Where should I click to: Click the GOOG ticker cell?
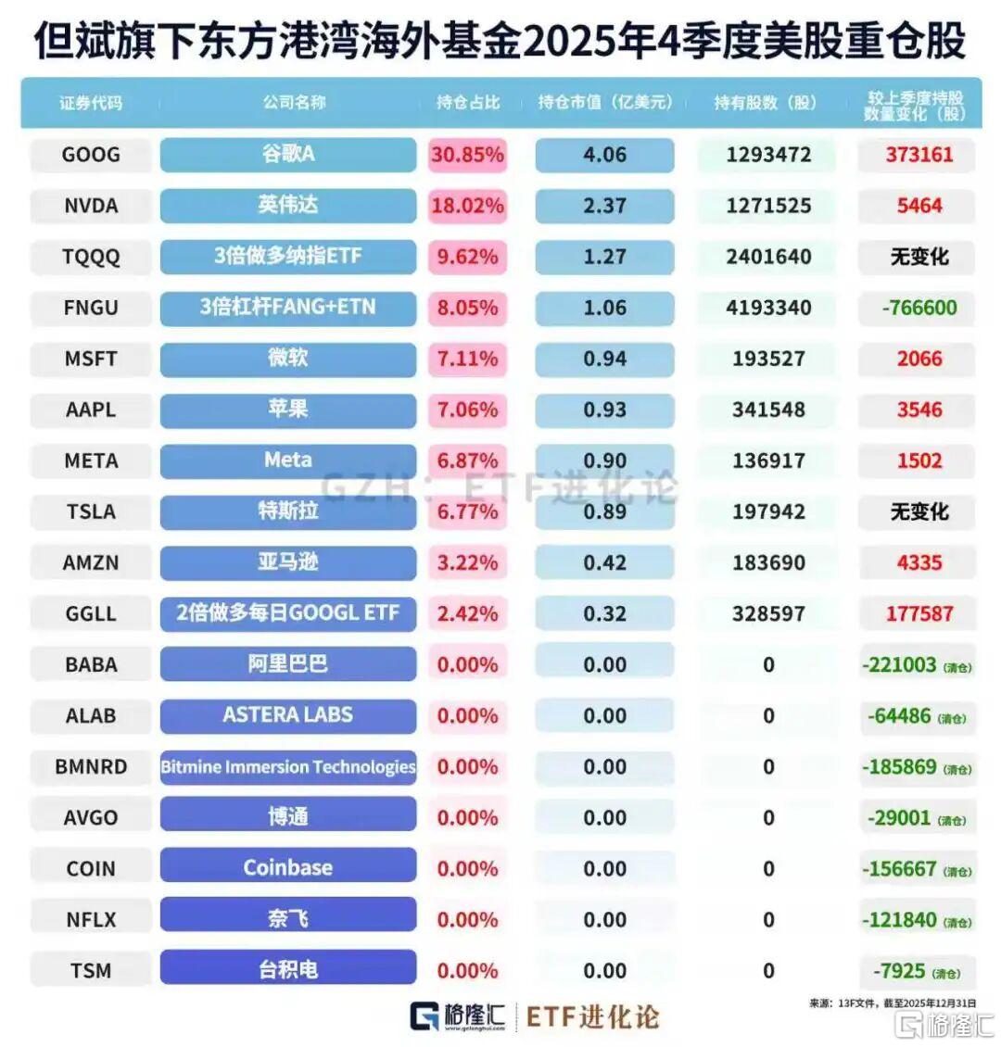point(91,155)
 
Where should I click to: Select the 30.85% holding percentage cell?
point(467,155)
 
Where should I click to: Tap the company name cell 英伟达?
point(287,205)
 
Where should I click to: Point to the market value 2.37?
point(604,206)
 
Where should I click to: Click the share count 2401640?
point(768,257)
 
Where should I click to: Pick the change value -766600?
point(919,308)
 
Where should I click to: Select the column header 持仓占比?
point(468,103)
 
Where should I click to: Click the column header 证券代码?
point(91,103)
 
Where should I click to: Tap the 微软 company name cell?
point(287,358)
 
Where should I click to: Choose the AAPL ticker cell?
point(91,410)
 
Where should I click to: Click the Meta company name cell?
point(287,460)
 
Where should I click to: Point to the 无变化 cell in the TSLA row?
point(919,511)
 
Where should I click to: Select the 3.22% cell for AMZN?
point(467,562)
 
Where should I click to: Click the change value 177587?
point(919,613)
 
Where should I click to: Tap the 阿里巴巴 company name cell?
point(287,663)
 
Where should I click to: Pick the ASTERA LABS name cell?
point(287,714)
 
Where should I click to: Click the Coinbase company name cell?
point(287,867)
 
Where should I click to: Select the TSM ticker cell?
point(91,971)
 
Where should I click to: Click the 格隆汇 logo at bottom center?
point(458,1015)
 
